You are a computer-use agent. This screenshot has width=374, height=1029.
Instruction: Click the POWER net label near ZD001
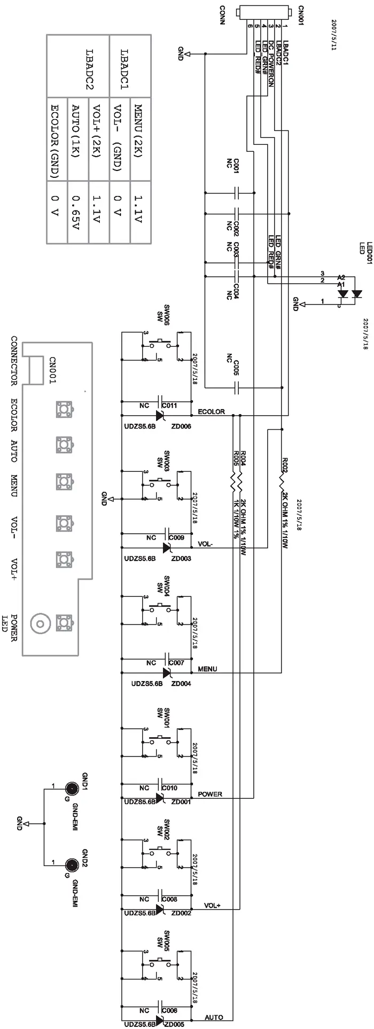pos(210,794)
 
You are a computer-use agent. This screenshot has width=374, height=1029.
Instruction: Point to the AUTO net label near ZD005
pos(214,1017)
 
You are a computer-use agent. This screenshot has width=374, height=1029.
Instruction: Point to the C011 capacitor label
pos(169,406)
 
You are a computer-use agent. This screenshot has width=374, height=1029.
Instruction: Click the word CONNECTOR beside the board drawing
pos(14,361)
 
